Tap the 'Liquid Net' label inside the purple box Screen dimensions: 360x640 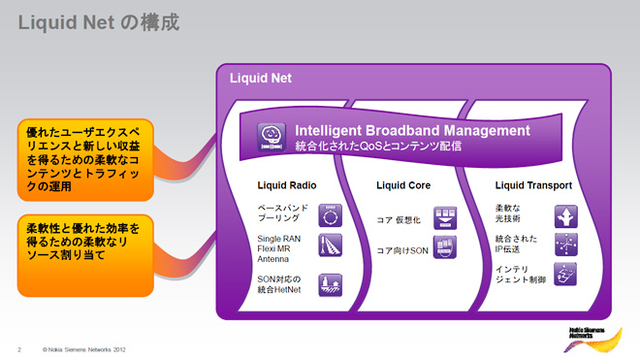[x=260, y=78]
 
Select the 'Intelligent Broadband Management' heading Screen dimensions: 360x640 [x=412, y=130]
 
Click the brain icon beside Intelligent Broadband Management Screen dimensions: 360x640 [x=270, y=136]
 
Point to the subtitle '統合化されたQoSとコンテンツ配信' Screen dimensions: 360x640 [x=377, y=147]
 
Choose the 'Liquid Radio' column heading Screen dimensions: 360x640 [x=286, y=185]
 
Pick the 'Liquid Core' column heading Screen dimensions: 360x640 [x=402, y=185]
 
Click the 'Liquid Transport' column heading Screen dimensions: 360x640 [x=533, y=185]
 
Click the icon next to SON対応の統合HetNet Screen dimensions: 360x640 [x=331, y=285]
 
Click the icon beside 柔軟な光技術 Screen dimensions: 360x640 [x=567, y=214]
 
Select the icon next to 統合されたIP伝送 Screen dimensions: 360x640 [x=567, y=244]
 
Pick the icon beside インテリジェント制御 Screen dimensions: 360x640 [x=567, y=274]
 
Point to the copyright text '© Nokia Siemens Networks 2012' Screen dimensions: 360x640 [x=84, y=347]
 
